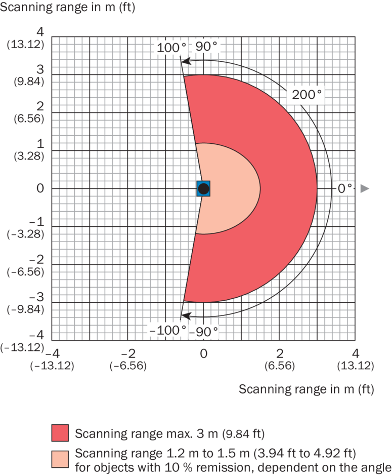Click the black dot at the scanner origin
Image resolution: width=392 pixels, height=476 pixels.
pos(203,189)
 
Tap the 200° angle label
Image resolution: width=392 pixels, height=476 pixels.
pos(306,94)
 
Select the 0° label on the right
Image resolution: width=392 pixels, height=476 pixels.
pos(345,188)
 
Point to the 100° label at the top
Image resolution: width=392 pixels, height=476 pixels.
pos(170,48)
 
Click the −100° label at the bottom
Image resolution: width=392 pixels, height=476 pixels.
pos(167,331)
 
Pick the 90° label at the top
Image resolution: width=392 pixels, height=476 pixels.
pos(206,46)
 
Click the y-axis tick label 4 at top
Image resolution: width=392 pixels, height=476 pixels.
pos(40,32)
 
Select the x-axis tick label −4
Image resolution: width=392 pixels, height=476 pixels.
pos(52,353)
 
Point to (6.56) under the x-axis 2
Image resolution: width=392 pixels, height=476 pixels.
pos(279,366)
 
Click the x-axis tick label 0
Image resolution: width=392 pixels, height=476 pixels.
pos(203,353)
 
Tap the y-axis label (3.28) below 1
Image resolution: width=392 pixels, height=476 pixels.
pos(26,156)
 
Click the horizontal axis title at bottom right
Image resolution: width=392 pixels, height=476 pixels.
pos(306,389)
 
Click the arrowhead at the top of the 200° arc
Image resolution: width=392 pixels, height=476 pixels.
pos(186,61)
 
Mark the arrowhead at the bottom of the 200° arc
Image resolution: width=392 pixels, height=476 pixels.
pos(186,316)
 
